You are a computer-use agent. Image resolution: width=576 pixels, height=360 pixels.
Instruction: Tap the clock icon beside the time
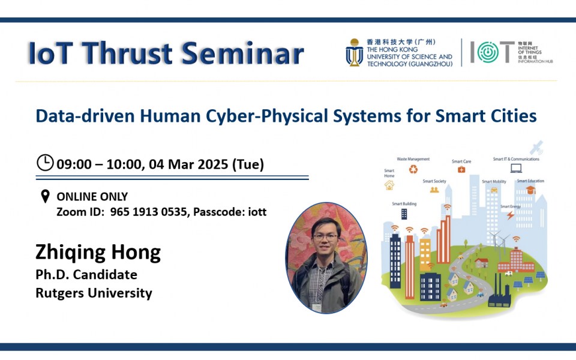[x=45, y=163]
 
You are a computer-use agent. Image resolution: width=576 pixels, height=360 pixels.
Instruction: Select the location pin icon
[x=44, y=197]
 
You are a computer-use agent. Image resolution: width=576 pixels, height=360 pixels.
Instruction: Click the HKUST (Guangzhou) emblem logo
[x=354, y=53]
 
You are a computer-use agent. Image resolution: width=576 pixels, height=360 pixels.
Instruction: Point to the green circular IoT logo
[x=484, y=53]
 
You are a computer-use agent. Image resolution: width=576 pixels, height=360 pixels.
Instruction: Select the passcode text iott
[x=254, y=212]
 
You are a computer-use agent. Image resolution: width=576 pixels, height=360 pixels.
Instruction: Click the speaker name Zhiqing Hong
[x=98, y=252]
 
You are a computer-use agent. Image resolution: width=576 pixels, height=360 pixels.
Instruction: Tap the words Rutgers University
[x=94, y=293]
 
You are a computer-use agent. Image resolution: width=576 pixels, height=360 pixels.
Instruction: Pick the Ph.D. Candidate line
[x=86, y=275]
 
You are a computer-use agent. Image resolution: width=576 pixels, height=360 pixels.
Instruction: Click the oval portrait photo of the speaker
[x=326, y=257]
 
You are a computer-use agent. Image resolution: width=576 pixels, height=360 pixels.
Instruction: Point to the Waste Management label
[x=413, y=159]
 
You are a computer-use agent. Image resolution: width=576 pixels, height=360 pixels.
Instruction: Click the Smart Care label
[x=461, y=161]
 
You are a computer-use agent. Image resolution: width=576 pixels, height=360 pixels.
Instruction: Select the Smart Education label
[x=530, y=181]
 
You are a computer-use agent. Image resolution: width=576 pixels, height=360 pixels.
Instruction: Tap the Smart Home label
[x=389, y=173]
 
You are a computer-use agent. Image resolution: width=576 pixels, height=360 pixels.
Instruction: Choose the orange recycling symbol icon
[x=413, y=170]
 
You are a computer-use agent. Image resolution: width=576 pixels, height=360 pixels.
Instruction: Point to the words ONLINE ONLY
[x=92, y=197]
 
